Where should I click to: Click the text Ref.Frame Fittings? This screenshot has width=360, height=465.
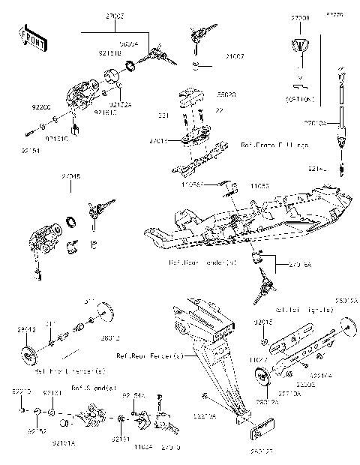tap(274, 145)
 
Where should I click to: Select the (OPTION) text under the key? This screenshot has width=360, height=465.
tap(299, 98)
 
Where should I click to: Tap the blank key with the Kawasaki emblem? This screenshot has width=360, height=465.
tap(300, 48)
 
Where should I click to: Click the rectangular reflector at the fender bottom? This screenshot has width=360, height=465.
tap(260, 433)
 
